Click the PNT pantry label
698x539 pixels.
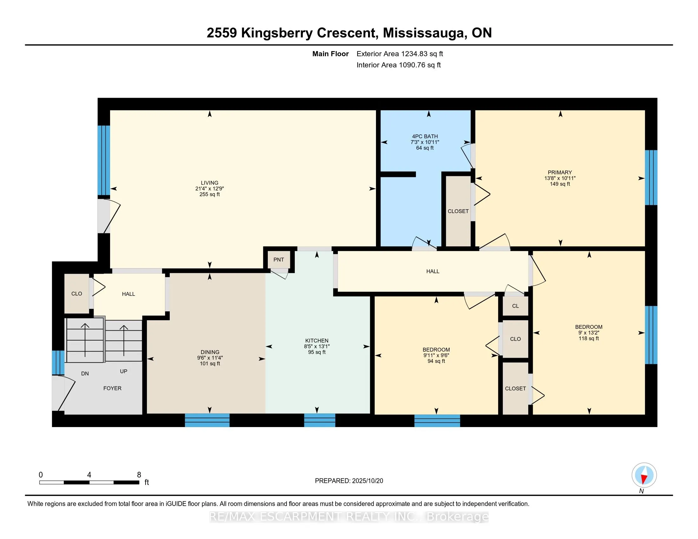[278, 260]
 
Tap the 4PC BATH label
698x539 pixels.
[425, 136]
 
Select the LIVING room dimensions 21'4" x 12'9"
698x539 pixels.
[209, 188]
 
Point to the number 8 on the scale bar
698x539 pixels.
[139, 475]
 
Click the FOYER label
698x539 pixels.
[112, 388]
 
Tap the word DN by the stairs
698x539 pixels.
[85, 373]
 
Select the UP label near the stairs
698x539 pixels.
[123, 371]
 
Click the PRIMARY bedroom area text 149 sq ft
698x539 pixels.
[560, 184]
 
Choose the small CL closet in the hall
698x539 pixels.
[515, 306]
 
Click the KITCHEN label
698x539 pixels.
[316, 341]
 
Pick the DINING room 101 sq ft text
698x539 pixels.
[210, 363]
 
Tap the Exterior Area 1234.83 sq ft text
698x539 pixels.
[399, 54]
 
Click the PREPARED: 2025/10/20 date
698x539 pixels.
[349, 481]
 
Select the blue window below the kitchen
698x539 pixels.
[319, 420]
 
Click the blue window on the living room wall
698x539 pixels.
[103, 160]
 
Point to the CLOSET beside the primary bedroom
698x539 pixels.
[458, 211]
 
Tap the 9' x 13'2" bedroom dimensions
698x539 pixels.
[588, 332]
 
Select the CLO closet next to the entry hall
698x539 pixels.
[77, 294]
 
